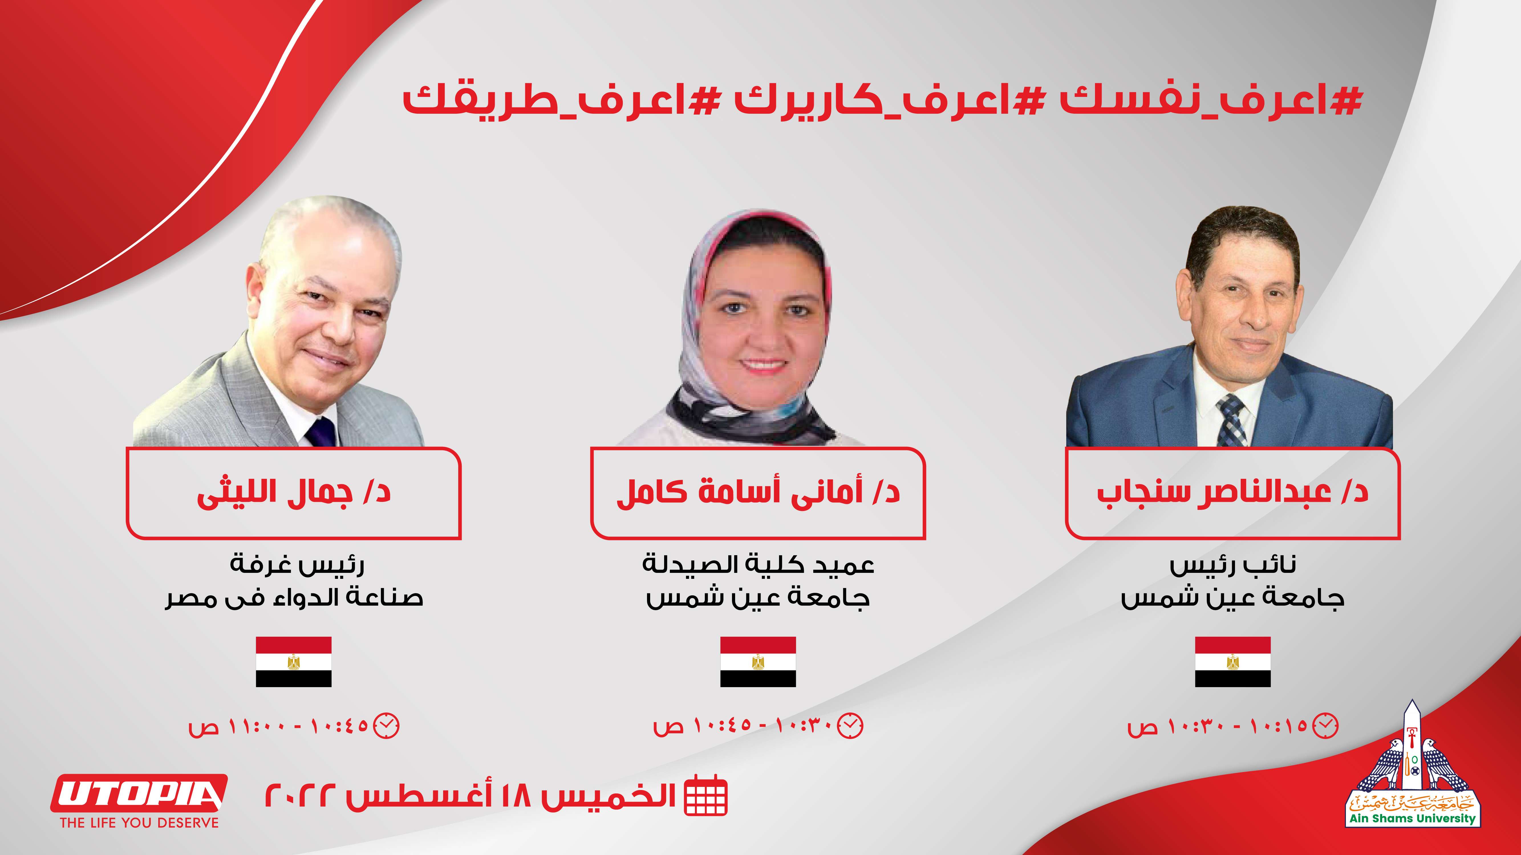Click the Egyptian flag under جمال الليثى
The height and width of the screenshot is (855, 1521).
click(x=293, y=661)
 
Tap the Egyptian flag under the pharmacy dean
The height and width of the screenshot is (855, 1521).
click(x=758, y=661)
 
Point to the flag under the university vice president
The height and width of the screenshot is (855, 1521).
click(x=1233, y=661)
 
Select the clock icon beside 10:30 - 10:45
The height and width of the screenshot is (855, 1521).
click(x=851, y=725)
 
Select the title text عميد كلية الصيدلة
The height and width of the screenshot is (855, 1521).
click(x=758, y=565)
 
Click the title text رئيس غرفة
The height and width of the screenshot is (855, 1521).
click(x=297, y=565)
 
